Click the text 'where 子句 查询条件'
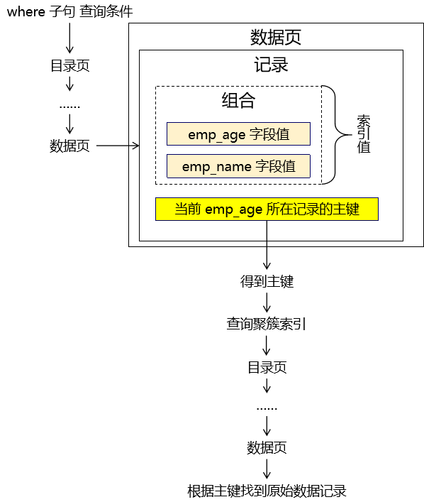[69, 12]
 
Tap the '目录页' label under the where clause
[70, 65]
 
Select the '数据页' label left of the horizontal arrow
[69, 146]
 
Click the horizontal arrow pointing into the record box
[118, 146]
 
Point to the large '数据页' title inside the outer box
[276, 37]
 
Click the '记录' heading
[271, 65]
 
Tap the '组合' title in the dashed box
[238, 100]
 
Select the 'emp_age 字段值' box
[238, 133]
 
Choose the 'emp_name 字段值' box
[238, 166]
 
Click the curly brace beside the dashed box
[335, 135]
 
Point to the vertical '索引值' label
[364, 134]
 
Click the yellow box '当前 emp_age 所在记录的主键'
[267, 209]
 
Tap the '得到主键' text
[267, 281]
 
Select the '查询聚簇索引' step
[267, 324]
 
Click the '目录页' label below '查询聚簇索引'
[267, 367]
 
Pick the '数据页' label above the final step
[267, 447]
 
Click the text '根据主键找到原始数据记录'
[267, 491]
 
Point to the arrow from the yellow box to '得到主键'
[267, 245]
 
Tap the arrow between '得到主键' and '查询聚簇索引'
[267, 302]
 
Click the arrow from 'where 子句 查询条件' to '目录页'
[69, 38]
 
